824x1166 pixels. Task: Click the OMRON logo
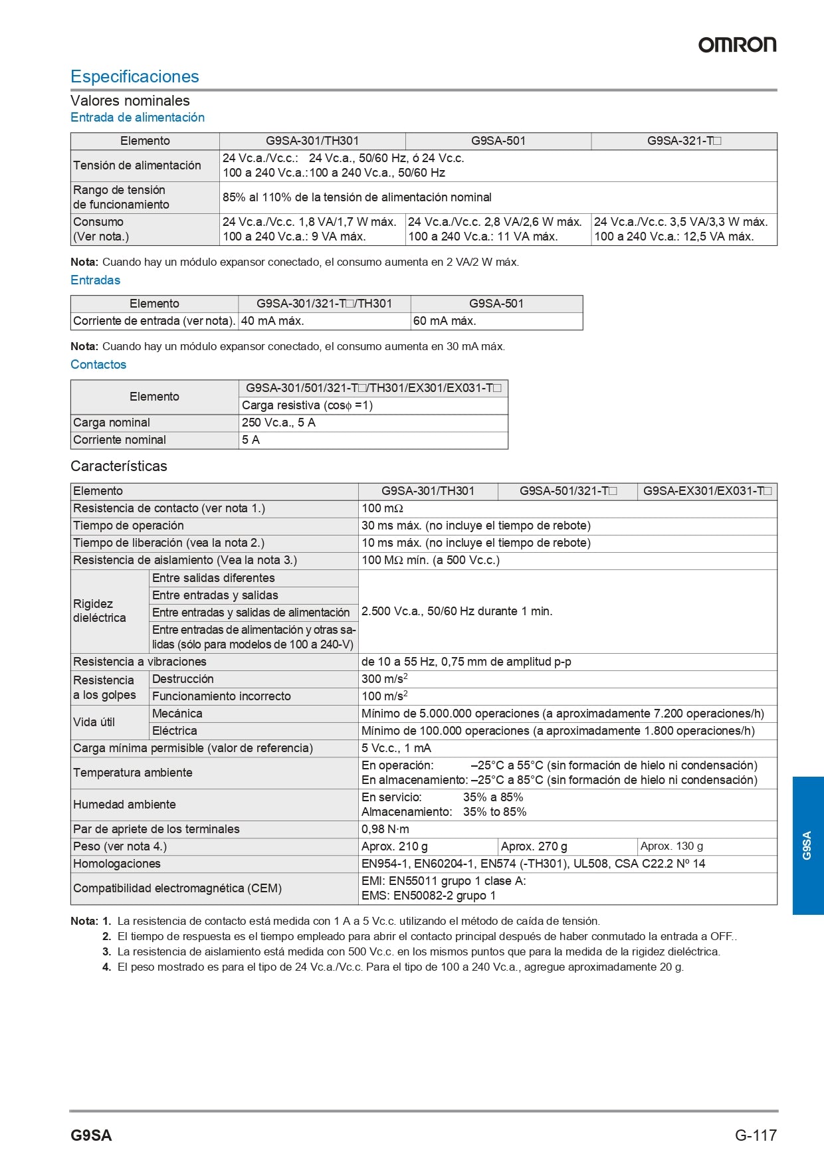(737, 45)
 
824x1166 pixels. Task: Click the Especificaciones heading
(135, 76)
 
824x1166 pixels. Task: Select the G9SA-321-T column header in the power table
(684, 141)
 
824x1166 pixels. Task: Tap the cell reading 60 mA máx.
(445, 321)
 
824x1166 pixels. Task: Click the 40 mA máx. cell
(272, 321)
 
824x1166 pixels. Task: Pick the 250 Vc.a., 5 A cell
(278, 423)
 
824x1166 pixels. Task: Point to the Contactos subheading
(98, 364)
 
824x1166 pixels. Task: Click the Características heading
(119, 466)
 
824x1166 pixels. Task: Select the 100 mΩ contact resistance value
(382, 508)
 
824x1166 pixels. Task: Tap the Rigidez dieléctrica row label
(100, 611)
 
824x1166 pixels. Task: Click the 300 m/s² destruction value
(384, 678)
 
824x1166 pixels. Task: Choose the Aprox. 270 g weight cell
(534, 846)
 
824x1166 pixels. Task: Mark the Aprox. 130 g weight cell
(672, 846)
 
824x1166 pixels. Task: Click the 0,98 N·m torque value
(385, 829)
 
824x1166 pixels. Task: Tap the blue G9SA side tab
(807, 845)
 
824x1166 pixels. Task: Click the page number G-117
(756, 1135)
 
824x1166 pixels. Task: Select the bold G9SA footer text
(91, 1135)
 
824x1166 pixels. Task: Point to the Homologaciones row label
(117, 864)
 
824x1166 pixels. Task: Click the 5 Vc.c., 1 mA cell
(396, 748)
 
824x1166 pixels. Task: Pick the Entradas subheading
(96, 280)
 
